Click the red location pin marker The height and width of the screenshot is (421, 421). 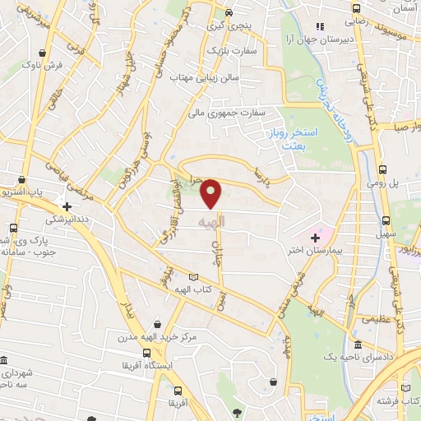tap(211, 193)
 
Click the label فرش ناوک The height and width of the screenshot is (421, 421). tap(41, 63)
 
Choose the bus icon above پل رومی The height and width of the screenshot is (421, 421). tap(382, 169)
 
